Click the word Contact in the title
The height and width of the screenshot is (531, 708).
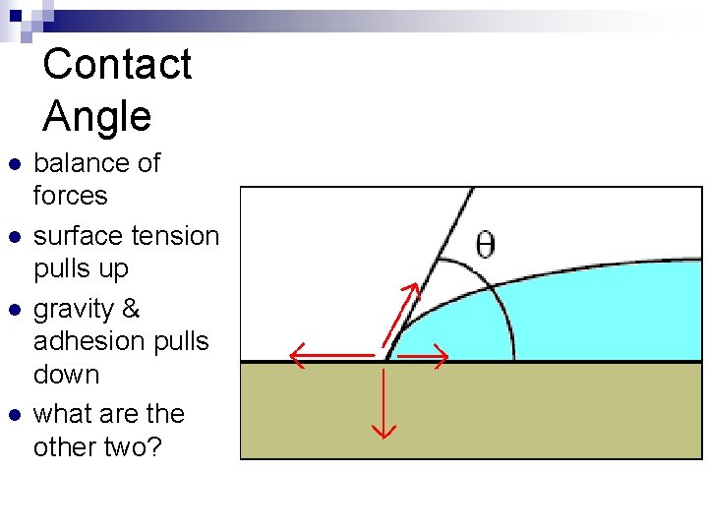coord(117,65)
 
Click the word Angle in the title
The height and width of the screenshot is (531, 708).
coord(97,117)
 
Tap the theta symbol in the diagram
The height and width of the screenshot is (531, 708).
coord(485,244)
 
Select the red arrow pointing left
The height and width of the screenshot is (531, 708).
coord(329,356)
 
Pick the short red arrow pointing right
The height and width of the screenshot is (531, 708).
coord(421,356)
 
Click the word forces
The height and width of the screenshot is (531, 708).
coord(70,196)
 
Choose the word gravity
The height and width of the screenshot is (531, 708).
coord(74,310)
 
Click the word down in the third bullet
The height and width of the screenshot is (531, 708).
coord(66,375)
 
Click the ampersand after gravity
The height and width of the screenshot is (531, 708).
coord(131,310)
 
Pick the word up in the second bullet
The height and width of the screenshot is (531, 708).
coord(111,269)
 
